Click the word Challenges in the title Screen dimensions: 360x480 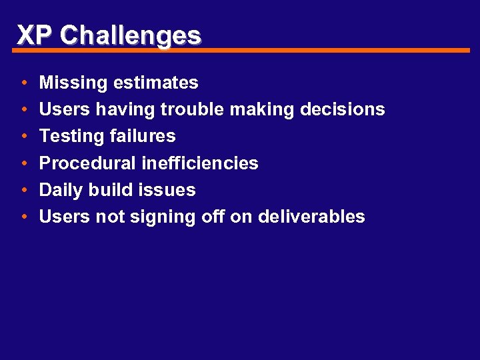(130, 35)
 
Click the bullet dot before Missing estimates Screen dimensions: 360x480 (23, 83)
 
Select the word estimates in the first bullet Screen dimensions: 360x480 (155, 83)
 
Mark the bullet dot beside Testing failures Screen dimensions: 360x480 (23, 137)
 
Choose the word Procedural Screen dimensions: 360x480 (88, 163)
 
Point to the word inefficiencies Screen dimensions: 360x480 (200, 163)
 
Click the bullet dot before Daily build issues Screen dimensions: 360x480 (23, 190)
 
